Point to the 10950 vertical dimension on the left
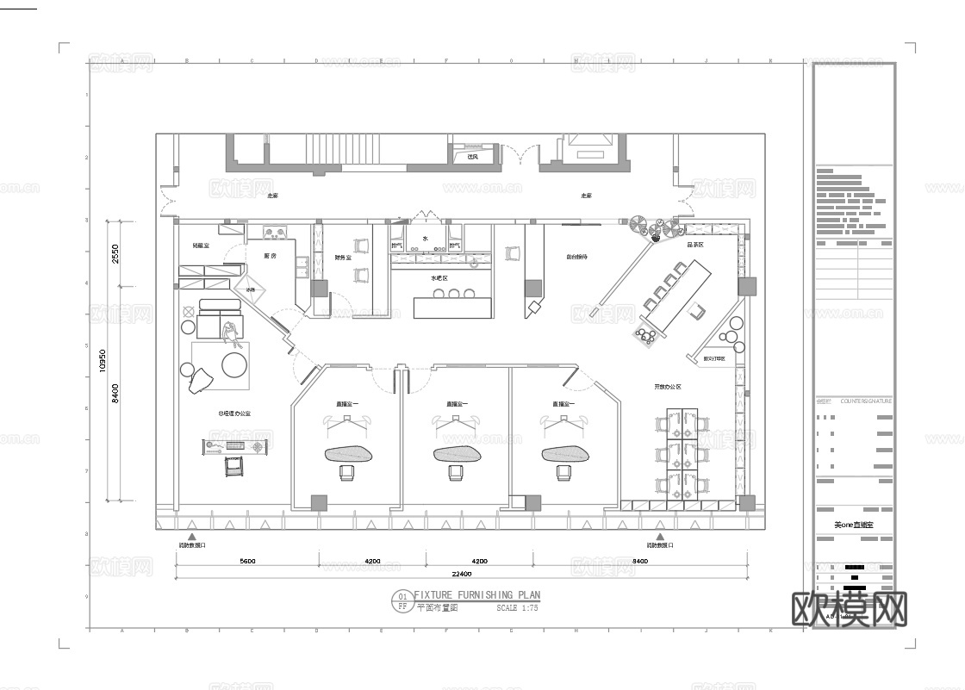103,360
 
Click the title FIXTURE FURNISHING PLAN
476,595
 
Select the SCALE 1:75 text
517,608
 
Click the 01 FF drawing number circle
402,600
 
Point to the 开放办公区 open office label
667,387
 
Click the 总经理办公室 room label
234,413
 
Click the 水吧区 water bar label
439,279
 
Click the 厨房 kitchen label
270,257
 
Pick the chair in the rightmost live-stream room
564,472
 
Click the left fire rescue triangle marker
192,535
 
